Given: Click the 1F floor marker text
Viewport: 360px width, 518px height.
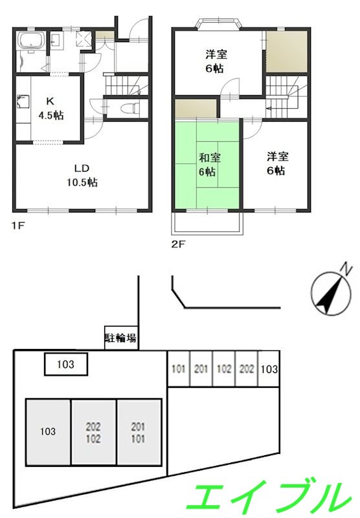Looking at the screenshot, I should (17, 227).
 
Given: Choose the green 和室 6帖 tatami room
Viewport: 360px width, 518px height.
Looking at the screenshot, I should (206, 164).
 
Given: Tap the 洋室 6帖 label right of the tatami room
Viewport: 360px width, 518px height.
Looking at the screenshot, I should (275, 163).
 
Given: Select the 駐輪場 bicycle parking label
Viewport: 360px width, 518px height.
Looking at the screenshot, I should (120, 337).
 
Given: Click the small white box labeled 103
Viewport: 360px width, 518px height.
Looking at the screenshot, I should (65, 365).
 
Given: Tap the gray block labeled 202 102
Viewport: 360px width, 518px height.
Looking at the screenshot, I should (93, 431).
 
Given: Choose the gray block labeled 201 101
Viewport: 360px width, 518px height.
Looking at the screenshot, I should (139, 431).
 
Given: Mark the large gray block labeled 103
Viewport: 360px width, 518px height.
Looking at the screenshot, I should (47, 431).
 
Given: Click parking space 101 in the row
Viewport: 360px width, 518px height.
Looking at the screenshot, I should (179, 369).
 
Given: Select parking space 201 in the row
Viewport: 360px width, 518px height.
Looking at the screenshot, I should (201, 369).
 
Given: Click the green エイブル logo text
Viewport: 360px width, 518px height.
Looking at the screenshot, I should (265, 497).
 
